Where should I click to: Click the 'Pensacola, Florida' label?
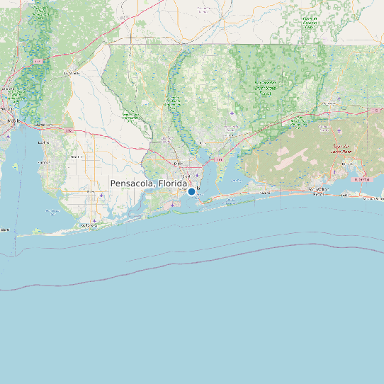tap(149, 183)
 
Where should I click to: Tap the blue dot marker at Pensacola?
tap(191, 191)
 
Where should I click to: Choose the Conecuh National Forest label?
tap(310, 21)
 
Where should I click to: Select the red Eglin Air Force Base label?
tap(344, 149)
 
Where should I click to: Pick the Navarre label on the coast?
tap(265, 193)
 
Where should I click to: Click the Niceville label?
tap(347, 164)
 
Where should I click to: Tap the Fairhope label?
tap(43, 162)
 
